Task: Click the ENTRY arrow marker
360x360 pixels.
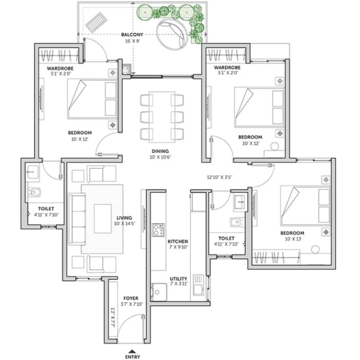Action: click(x=132, y=351)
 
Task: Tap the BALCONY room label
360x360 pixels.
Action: click(x=132, y=35)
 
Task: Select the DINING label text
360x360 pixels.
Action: click(x=160, y=151)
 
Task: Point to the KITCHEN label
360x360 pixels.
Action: click(x=178, y=241)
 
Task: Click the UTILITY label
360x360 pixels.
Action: click(x=179, y=279)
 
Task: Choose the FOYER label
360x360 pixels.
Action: click(x=131, y=298)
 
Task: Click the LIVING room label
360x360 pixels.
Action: click(x=124, y=218)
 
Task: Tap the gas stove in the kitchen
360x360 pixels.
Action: click(x=158, y=230)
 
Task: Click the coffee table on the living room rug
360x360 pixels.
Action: click(x=103, y=218)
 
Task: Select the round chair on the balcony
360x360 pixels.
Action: click(x=172, y=34)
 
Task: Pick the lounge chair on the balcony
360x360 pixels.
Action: click(x=97, y=22)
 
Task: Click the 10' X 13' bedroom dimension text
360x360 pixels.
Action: click(x=293, y=239)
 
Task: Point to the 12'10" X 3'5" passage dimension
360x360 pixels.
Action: click(x=219, y=177)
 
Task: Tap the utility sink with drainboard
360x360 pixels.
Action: click(x=198, y=285)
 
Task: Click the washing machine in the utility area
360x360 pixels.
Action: click(x=159, y=292)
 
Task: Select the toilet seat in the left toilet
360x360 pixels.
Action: click(x=34, y=192)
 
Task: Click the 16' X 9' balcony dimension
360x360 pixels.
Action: click(x=132, y=41)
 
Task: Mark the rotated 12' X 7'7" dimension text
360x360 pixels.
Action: click(x=112, y=317)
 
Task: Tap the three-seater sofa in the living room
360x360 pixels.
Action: click(x=77, y=219)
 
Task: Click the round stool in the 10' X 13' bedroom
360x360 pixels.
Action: click(x=315, y=249)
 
